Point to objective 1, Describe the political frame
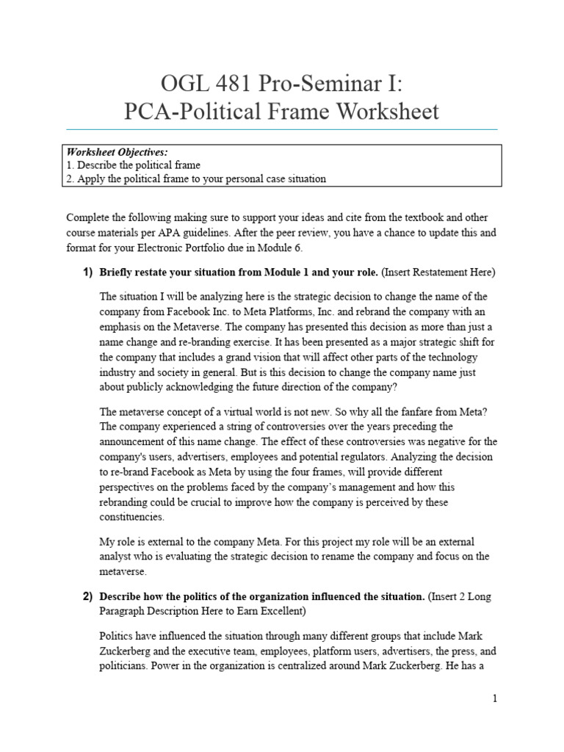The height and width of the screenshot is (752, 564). tap(133, 165)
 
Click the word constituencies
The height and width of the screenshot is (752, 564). tap(131, 517)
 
